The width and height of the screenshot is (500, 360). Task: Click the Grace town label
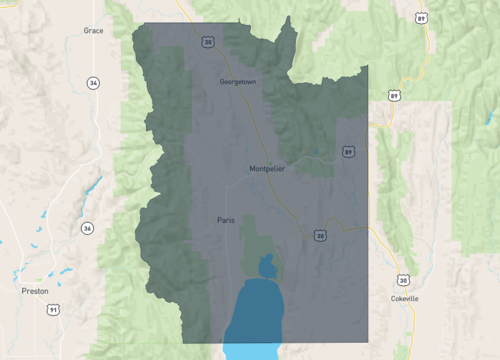pos(94,31)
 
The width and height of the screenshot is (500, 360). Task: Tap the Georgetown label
pos(238,80)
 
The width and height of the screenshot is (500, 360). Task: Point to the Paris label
pos(226,219)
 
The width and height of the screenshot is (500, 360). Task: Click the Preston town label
pos(35,291)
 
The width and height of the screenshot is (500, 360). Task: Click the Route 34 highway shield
pos(93,83)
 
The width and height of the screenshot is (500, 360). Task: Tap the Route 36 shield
pos(87,228)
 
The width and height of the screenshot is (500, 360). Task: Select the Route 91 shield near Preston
pos(53,311)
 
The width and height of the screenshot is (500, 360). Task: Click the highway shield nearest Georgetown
pos(208,43)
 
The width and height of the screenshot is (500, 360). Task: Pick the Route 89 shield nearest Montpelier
pos(347,152)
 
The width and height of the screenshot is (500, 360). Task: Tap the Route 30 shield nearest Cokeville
pos(402,281)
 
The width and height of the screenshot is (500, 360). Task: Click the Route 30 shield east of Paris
pos(319,236)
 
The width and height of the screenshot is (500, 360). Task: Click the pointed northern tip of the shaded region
pos(293,17)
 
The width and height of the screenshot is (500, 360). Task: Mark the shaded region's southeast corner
pos(367,342)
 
